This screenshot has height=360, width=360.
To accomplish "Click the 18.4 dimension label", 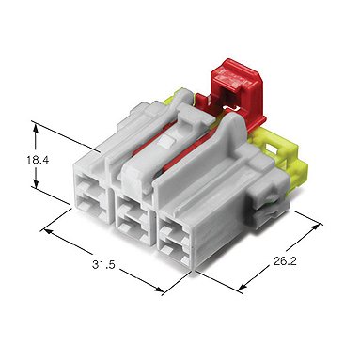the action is [x=38, y=160].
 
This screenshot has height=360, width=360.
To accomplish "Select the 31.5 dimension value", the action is [x=103, y=265].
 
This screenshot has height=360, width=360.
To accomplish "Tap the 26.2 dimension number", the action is [x=285, y=261].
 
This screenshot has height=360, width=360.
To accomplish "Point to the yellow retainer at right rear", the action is [x=282, y=157].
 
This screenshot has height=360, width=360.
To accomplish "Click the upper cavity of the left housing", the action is [x=90, y=187].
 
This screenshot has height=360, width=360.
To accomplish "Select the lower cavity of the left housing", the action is [x=92, y=208].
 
